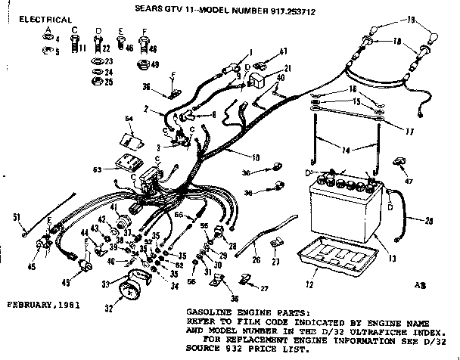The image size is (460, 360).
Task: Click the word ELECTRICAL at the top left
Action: coord(45,19)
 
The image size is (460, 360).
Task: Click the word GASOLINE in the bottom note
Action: coord(208,312)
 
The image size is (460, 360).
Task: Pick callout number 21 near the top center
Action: coord(267,69)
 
